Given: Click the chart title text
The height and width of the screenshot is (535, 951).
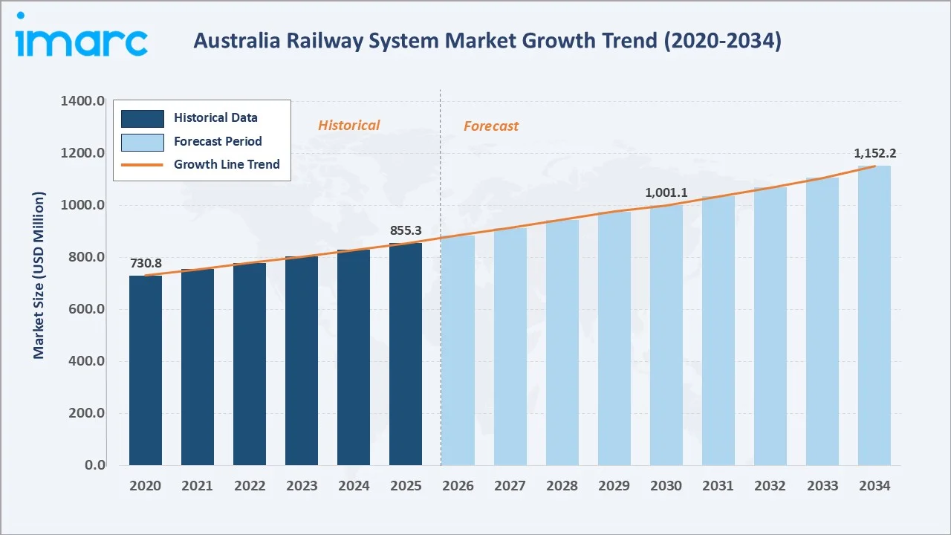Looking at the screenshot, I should [x=487, y=41].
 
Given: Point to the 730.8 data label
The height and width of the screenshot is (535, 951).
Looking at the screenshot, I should [x=146, y=263].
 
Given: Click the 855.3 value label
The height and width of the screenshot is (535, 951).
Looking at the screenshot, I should [x=406, y=231].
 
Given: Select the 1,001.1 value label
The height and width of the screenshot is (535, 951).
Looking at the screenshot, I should [x=666, y=192].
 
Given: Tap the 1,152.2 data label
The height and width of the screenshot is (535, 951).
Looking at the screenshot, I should [x=874, y=154].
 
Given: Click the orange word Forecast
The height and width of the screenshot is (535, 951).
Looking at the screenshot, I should [x=491, y=126].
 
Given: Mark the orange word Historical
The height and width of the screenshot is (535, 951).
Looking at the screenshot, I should [x=348, y=126].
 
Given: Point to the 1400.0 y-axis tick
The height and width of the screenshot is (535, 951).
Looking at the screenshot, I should [x=82, y=101].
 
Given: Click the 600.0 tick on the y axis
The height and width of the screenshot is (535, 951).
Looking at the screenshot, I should [x=84, y=309].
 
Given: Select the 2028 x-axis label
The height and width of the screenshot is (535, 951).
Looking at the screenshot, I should [x=562, y=486].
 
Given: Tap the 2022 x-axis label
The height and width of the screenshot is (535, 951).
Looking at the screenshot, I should [x=250, y=486].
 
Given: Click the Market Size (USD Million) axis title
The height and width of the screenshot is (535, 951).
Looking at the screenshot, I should [x=39, y=275].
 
